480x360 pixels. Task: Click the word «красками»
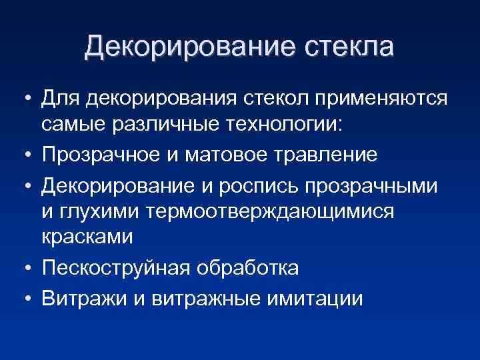point(87,238)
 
